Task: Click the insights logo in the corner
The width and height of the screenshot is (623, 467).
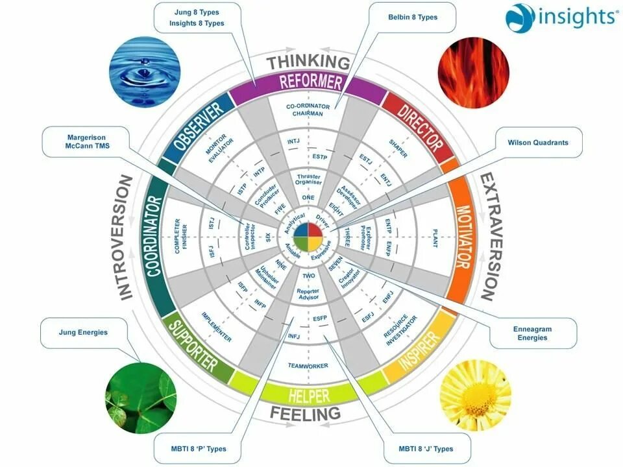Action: coord(561,18)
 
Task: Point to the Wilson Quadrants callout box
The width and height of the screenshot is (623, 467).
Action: coord(538,143)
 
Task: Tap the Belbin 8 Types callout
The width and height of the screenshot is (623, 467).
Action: coord(413,17)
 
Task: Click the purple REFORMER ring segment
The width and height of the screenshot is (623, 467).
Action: coord(310,83)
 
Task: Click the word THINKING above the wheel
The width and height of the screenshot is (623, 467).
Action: coord(308,63)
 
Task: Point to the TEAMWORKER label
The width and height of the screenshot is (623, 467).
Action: coord(308,366)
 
